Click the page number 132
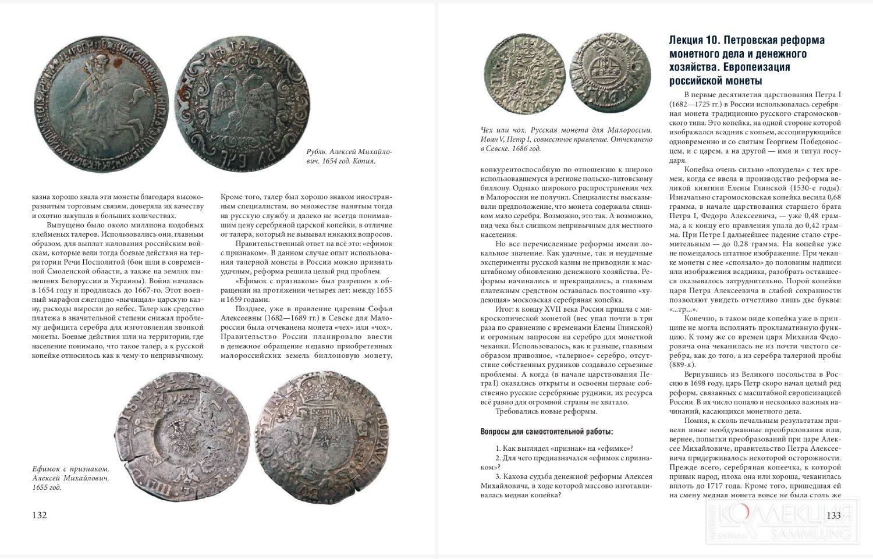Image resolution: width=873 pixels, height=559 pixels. pyautogui.click(x=39, y=515)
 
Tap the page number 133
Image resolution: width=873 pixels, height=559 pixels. pyautogui.click(x=834, y=515)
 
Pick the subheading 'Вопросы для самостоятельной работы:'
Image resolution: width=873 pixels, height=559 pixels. pyautogui.click(x=546, y=432)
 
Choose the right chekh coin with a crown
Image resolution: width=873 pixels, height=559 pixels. pyautogui.click(x=609, y=74)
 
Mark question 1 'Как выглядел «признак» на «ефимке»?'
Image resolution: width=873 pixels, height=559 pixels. pyautogui.click(x=564, y=448)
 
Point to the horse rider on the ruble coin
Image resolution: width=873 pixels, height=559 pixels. pyautogui.click(x=97, y=87)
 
